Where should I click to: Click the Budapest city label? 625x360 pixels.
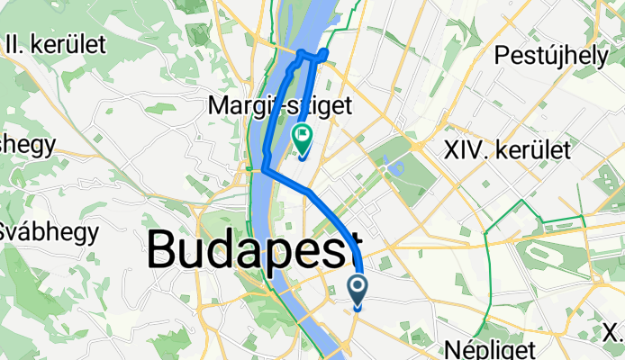[254, 247]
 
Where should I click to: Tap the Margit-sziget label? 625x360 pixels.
[280, 106]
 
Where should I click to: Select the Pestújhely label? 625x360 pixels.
[550, 56]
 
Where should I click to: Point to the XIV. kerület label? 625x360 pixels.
[507, 150]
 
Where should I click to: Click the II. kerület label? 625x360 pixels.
[55, 43]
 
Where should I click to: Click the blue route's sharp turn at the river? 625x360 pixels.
[264, 167]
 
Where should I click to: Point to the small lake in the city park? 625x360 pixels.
[387, 168]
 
